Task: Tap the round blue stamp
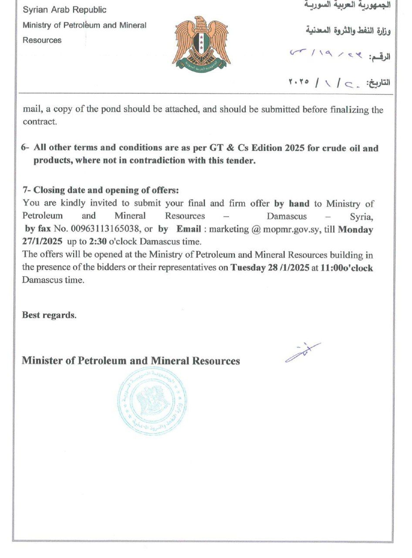point(152,401)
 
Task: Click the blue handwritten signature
point(303,352)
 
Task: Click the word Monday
point(355,229)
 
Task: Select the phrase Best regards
point(49,315)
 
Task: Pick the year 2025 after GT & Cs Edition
point(295,148)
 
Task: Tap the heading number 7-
point(27,190)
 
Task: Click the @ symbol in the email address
point(256,229)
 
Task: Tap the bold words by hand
point(292,203)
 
